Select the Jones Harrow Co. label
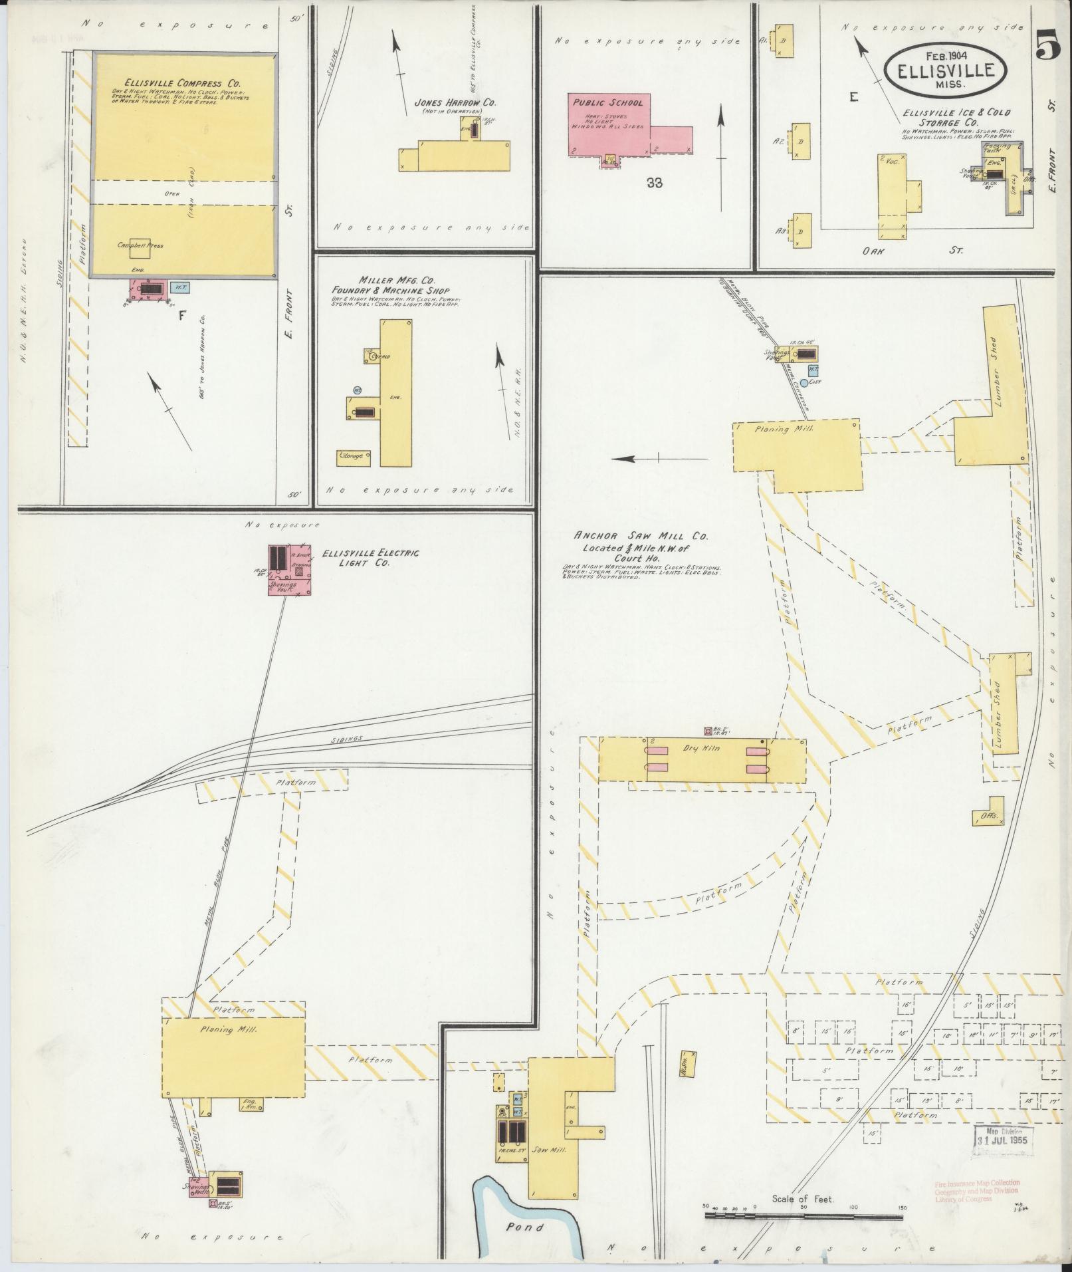click(x=455, y=103)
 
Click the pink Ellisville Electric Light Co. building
click(x=291, y=569)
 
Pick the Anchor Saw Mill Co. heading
click(x=641, y=535)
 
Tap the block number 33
click(x=654, y=183)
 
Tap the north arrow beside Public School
click(x=720, y=157)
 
